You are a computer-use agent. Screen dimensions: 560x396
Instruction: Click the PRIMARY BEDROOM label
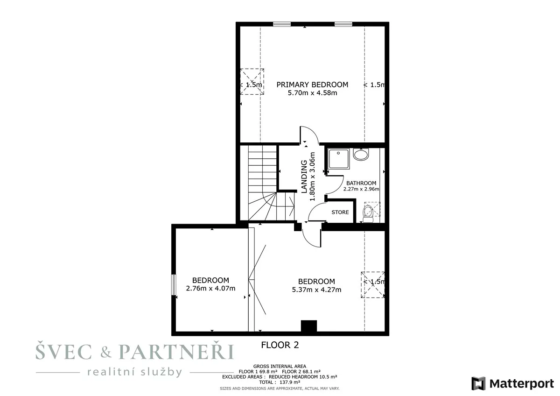click(312, 85)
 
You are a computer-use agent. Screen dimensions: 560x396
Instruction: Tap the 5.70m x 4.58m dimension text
click(312, 93)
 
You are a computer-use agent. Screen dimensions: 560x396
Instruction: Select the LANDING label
click(304, 177)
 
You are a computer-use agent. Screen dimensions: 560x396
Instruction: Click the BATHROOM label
click(361, 183)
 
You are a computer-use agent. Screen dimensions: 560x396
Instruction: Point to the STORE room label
click(340, 212)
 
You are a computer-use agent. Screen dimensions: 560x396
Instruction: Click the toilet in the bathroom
click(368, 214)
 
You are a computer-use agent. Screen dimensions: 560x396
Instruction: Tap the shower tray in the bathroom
click(339, 159)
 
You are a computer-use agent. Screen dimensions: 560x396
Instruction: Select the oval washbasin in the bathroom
click(361, 155)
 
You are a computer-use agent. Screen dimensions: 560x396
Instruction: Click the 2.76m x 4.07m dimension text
click(210, 289)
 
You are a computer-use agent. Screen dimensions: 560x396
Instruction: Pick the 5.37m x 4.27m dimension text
click(316, 290)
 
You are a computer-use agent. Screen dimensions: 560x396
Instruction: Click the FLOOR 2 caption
click(280, 345)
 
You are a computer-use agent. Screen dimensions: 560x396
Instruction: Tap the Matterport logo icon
click(478, 383)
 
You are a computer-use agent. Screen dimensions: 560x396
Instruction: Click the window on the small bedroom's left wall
click(174, 285)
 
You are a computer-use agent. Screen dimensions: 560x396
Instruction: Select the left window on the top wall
click(282, 24)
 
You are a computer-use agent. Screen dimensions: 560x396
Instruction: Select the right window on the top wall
click(343, 24)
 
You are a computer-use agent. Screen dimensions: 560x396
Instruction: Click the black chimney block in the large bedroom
click(309, 326)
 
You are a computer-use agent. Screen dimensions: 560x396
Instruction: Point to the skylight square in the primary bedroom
click(252, 82)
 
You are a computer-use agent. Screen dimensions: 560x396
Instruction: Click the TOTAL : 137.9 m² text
click(280, 382)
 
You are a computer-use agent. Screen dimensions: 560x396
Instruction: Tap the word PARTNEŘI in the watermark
click(176, 352)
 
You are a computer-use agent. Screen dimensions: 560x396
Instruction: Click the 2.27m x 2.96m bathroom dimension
click(361, 189)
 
